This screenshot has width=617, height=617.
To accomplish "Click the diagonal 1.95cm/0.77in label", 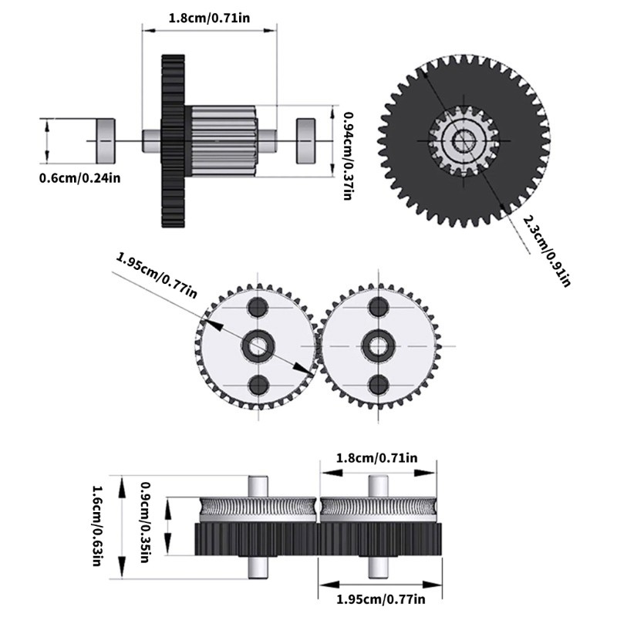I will pyautogui.click(x=157, y=276).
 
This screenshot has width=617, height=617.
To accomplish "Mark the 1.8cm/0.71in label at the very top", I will pyautogui.click(x=209, y=17).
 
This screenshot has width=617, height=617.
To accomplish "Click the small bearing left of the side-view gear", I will pyautogui.click(x=104, y=140).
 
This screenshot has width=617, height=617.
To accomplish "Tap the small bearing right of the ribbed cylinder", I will pyautogui.click(x=308, y=140).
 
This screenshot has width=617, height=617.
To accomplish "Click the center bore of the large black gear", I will pyautogui.click(x=464, y=141).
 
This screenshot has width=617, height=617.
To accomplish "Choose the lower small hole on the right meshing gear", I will pyautogui.click(x=378, y=385).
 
